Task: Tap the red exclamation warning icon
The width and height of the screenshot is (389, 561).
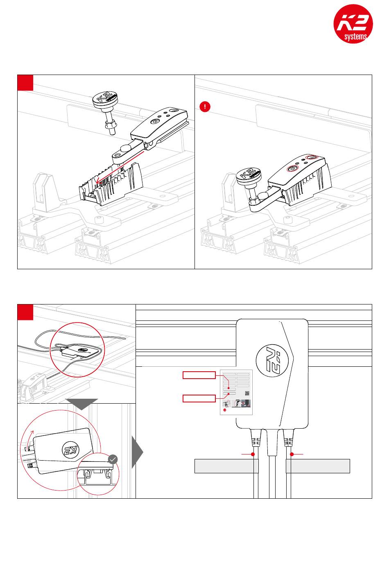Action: [x=205, y=107]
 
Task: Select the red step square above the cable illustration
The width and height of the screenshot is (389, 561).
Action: [x=25, y=312]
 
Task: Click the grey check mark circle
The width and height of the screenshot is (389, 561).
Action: [x=113, y=459]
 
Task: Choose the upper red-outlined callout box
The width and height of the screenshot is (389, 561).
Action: [x=199, y=375]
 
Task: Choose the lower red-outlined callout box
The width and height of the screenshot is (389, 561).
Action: [x=199, y=398]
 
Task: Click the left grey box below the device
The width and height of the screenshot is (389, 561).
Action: [x=226, y=466]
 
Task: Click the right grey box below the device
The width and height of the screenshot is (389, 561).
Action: [x=318, y=466]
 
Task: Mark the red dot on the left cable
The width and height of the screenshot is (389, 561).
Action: [x=253, y=454]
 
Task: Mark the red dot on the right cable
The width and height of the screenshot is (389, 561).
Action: [x=292, y=454]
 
